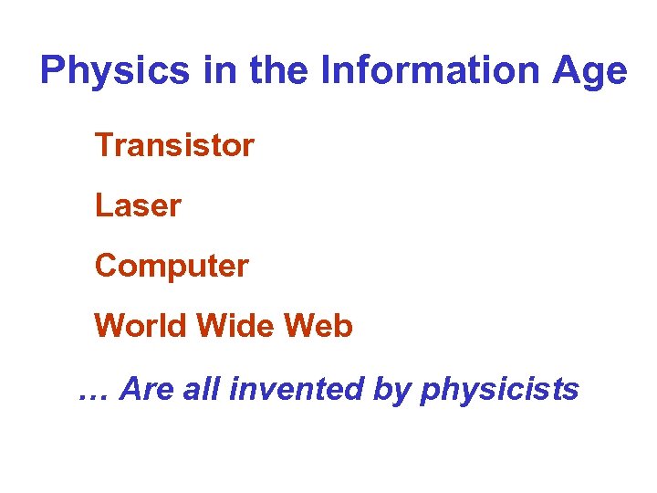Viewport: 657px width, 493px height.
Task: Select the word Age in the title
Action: tap(592, 72)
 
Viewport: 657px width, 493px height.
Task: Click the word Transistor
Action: tap(174, 144)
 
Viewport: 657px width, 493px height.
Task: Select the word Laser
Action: tap(138, 205)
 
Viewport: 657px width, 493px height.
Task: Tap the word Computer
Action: tap(172, 267)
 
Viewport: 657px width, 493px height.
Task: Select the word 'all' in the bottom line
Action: tap(202, 390)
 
